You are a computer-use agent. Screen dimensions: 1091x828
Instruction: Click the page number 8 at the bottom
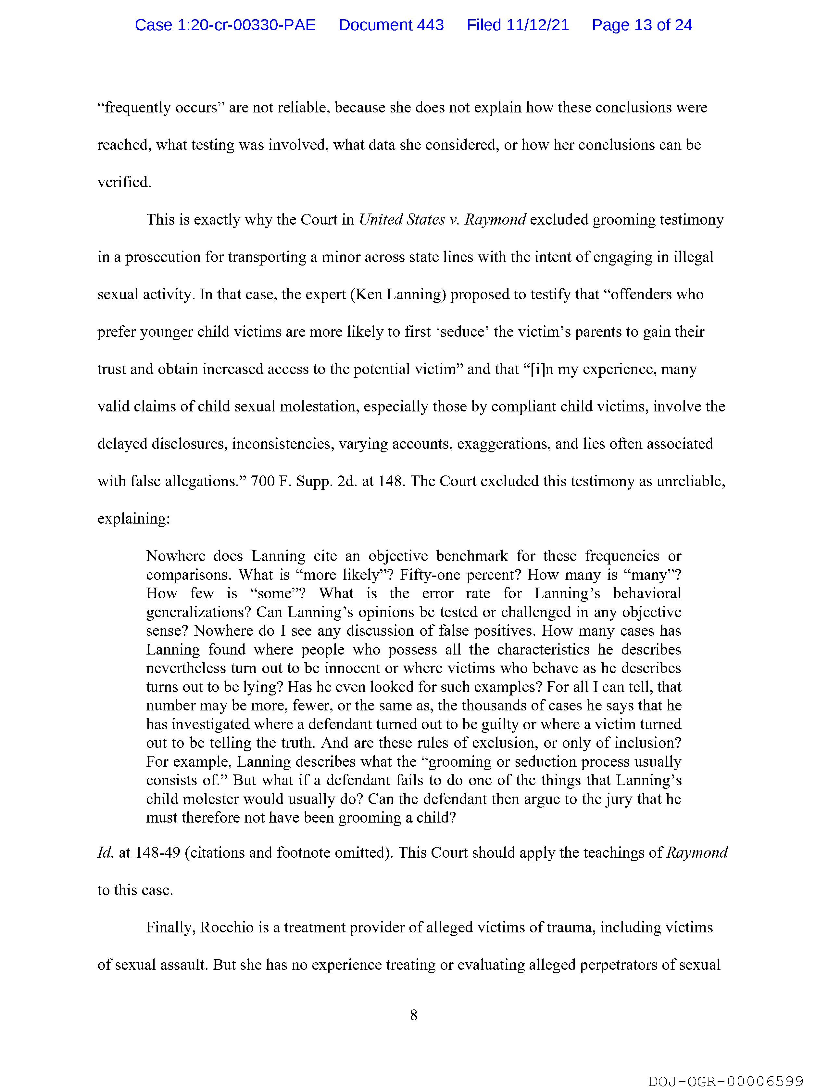click(413, 1015)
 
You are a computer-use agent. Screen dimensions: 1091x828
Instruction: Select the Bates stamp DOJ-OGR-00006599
click(725, 1081)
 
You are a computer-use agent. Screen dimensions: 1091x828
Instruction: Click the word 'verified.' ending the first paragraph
click(124, 183)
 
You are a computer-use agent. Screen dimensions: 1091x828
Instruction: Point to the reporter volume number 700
click(263, 481)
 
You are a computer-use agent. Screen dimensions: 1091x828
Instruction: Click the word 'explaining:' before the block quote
click(133, 519)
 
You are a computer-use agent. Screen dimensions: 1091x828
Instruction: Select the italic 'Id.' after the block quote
click(106, 853)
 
